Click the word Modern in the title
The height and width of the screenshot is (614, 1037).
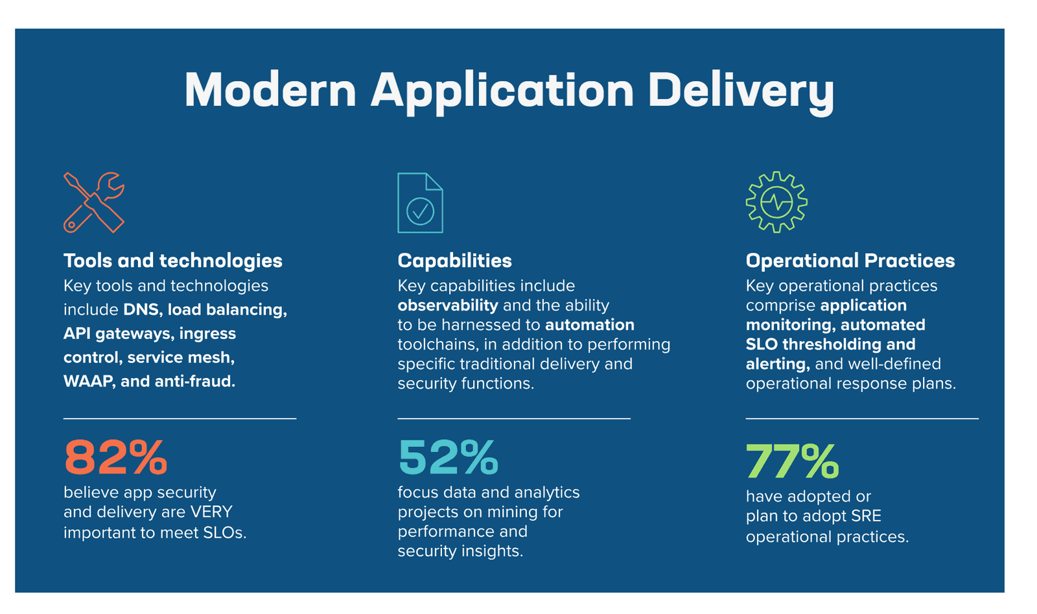[270, 89]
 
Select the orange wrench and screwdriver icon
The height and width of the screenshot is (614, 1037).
[94, 202]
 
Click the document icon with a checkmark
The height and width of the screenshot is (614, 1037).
[420, 203]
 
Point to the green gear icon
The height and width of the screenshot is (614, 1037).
[776, 202]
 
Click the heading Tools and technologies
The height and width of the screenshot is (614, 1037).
[173, 261]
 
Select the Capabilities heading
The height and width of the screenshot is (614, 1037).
[454, 261]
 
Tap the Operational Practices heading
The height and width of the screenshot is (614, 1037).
[850, 261]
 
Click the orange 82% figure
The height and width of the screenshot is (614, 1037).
[116, 458]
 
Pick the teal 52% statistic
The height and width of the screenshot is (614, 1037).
[448, 458]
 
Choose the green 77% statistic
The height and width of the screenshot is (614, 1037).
[792, 461]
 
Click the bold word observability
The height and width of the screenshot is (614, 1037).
[447, 305]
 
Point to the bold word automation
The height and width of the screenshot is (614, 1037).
[590, 325]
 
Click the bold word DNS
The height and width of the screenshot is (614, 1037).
[141, 310]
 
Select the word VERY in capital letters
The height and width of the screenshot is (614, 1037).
[211, 512]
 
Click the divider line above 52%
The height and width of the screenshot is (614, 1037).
[513, 419]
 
